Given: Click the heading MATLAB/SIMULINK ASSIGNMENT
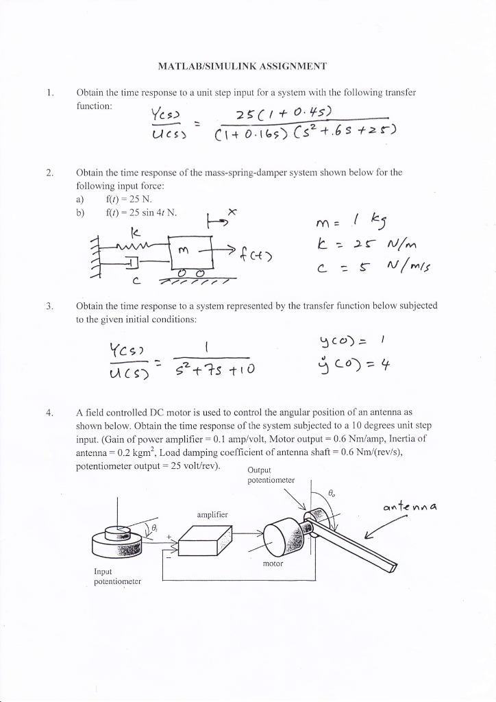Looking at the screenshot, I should [243, 66].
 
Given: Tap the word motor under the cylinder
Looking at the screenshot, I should [271, 566].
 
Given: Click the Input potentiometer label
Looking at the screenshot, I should [117, 575].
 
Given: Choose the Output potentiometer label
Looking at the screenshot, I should [271, 475].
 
